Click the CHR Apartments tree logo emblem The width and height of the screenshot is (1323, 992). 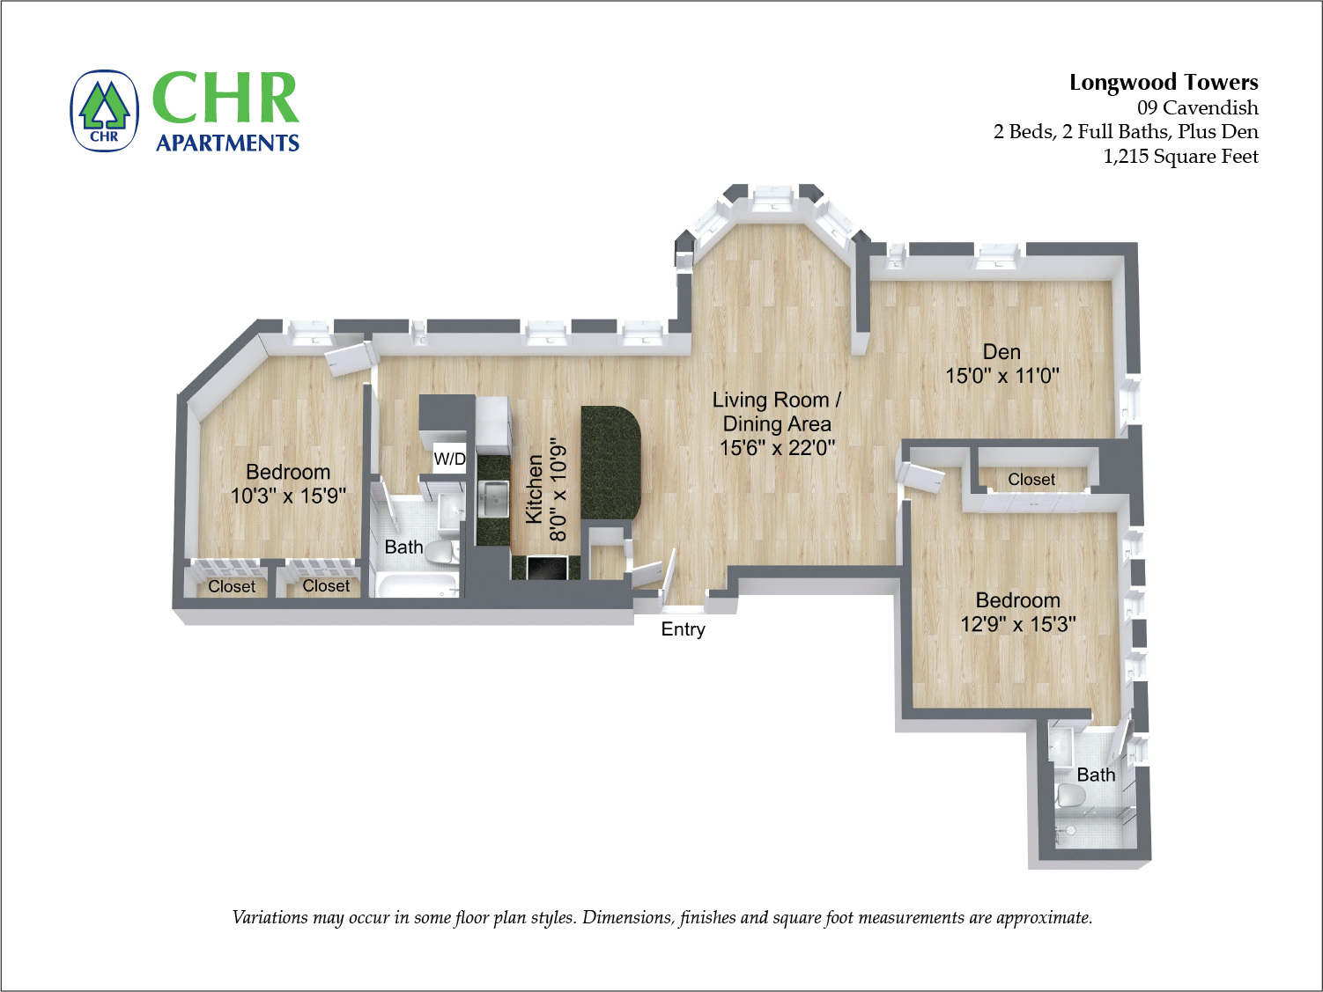(105, 112)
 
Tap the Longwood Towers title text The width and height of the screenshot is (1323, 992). (1163, 83)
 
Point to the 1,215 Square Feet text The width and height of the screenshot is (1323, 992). (1180, 157)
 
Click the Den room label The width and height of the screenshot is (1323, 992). (1001, 352)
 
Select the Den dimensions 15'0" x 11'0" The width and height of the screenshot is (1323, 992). (1001, 376)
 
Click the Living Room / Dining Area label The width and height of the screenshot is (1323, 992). (776, 412)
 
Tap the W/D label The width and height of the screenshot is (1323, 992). (449, 459)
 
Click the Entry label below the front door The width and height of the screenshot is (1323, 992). (683, 629)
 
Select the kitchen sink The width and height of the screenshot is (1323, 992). (494, 499)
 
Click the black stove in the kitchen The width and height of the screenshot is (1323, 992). (546, 569)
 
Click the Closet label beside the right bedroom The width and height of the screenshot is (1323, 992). (1031, 480)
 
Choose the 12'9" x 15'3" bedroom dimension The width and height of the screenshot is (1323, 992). (1017, 625)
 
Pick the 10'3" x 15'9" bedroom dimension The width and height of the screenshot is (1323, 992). (288, 496)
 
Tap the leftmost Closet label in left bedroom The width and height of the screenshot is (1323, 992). (232, 587)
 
